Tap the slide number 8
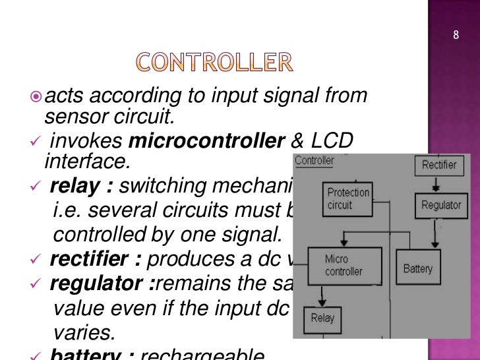pos(456,35)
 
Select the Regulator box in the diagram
pos(440,205)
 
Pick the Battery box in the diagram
pos(418,268)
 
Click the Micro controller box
pos(344,265)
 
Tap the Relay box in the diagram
pos(322,318)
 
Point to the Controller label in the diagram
pos(315,160)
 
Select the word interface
pos(76,161)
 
